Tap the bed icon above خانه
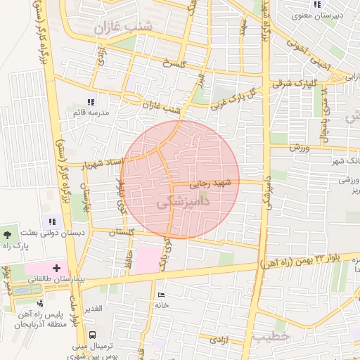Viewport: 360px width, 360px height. (x=163, y=295)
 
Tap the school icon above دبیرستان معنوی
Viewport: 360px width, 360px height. (x=317, y=4)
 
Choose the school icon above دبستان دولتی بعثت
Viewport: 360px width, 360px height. (x=52, y=221)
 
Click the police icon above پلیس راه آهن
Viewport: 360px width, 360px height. (x=40, y=303)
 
